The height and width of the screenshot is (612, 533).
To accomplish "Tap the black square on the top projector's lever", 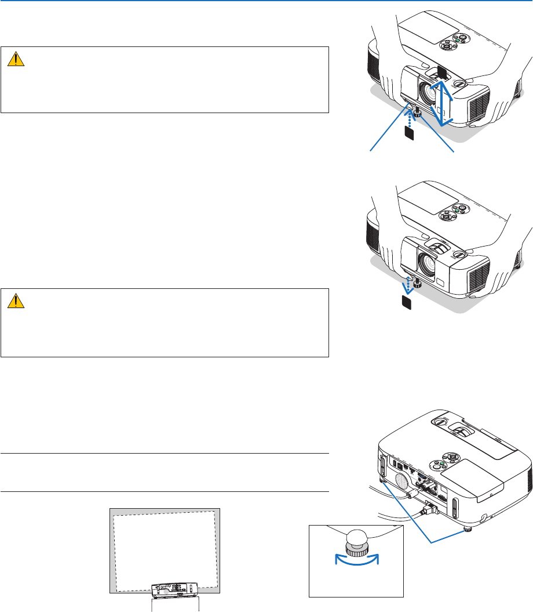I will point(440,71).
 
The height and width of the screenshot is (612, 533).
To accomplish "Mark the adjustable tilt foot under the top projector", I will point(416,107).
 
